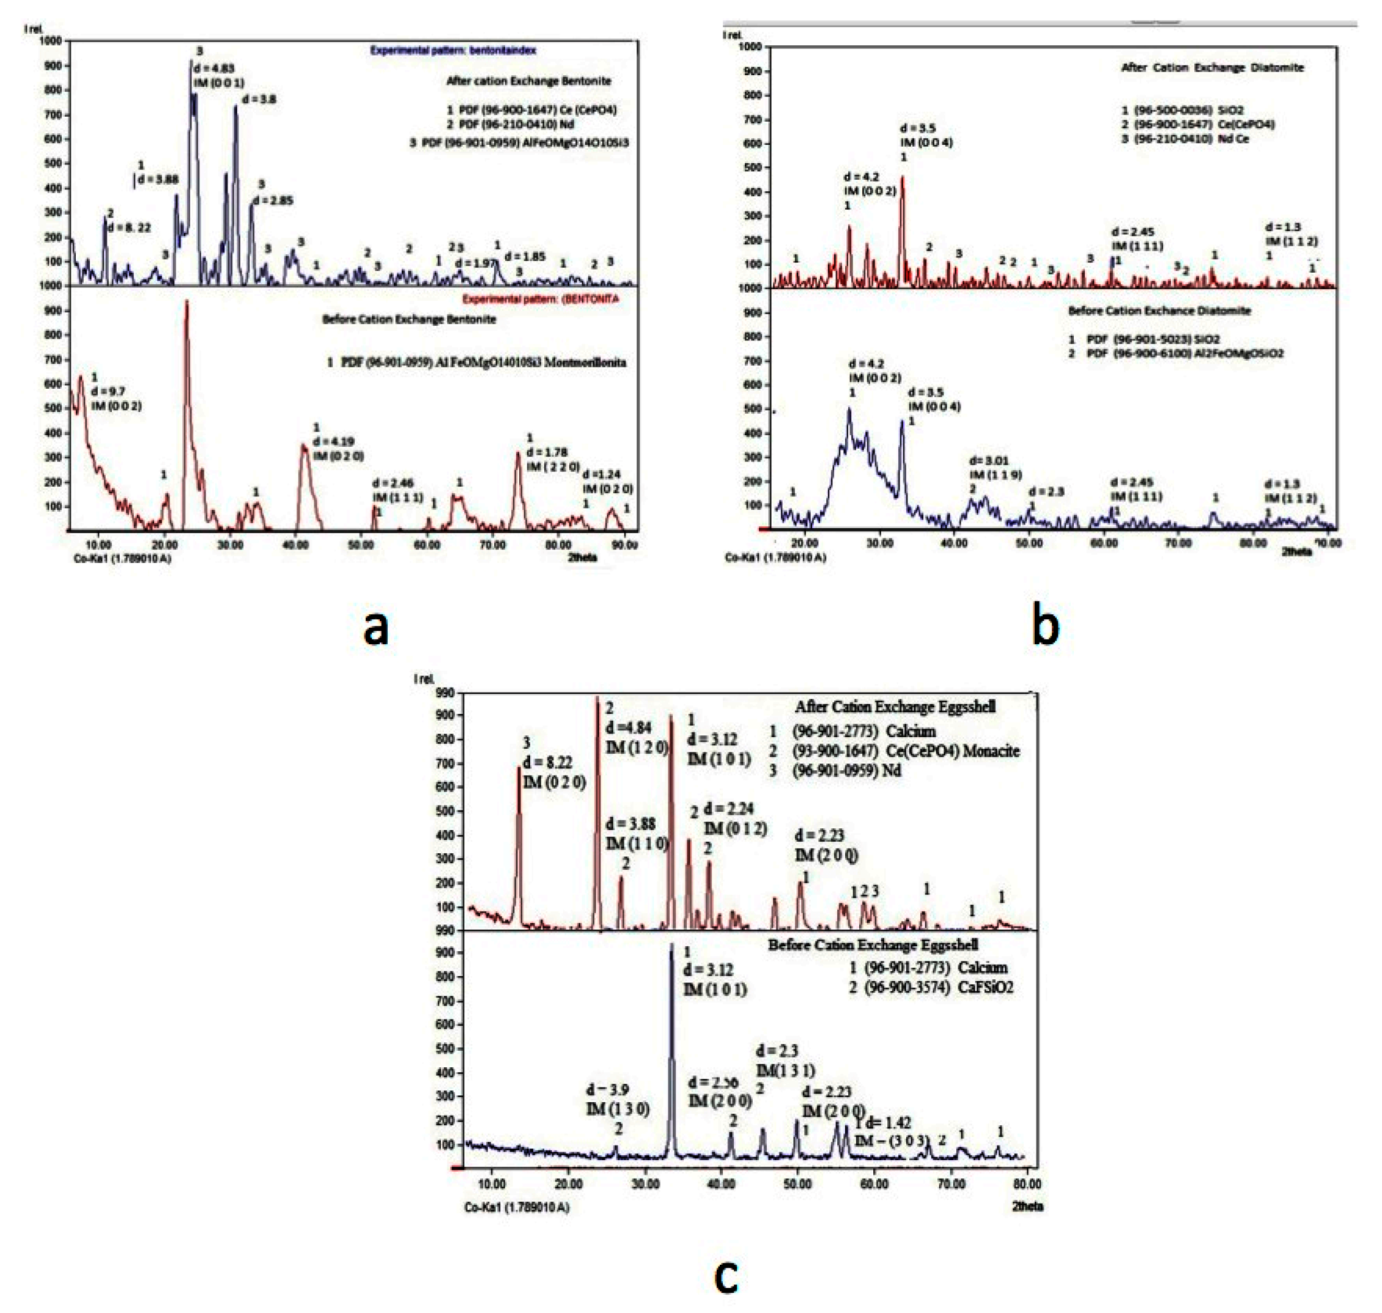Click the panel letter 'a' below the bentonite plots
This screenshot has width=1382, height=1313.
[376, 627]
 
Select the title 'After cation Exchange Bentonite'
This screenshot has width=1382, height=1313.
[528, 81]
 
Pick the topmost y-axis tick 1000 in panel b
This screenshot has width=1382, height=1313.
[750, 46]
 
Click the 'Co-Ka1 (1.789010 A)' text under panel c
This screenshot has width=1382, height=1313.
[517, 1207]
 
